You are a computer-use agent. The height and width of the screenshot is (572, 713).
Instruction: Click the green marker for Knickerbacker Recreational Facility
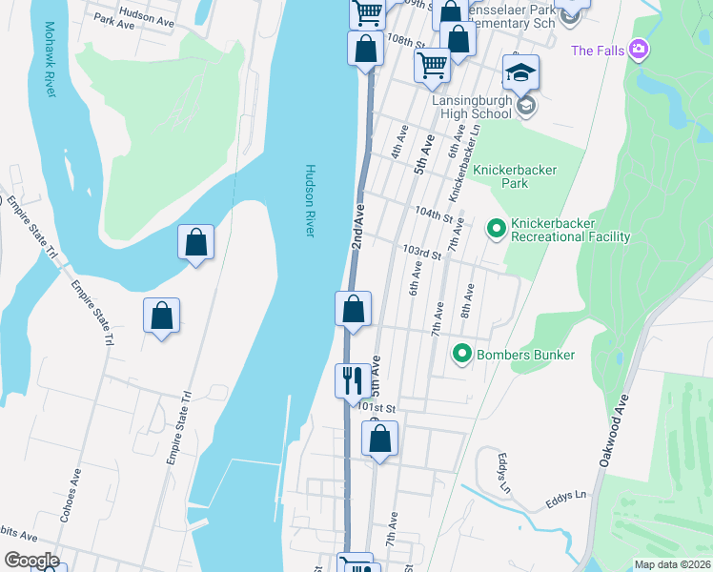pos(496,229)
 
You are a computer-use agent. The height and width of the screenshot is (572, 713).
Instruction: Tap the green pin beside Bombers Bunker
pos(462,355)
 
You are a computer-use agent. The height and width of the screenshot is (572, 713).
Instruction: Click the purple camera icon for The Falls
pos(639,50)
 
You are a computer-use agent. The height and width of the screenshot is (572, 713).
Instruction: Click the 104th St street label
pos(431,214)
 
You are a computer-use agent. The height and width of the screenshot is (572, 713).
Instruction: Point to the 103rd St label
pos(421,253)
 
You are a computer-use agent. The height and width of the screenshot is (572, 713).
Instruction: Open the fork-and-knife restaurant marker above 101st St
pos(353,380)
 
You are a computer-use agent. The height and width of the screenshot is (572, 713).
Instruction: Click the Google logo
pos(31,561)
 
